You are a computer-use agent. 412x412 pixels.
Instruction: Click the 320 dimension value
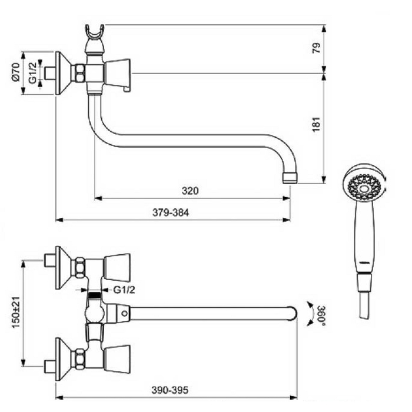click(x=190, y=191)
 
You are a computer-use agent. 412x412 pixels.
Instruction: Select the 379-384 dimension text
click(x=171, y=212)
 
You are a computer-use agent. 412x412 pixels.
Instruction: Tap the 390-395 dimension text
click(x=170, y=390)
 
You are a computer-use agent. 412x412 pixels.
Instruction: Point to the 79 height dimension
click(x=317, y=48)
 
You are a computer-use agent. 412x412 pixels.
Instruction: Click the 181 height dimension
click(x=317, y=124)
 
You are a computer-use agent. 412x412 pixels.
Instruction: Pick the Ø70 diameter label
click(x=16, y=71)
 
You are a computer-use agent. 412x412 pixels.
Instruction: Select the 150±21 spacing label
click(x=16, y=312)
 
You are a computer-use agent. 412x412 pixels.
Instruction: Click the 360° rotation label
click(x=321, y=315)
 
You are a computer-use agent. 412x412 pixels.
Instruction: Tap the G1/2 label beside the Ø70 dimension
click(x=32, y=73)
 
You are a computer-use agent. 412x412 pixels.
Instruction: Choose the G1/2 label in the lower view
click(x=124, y=290)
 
